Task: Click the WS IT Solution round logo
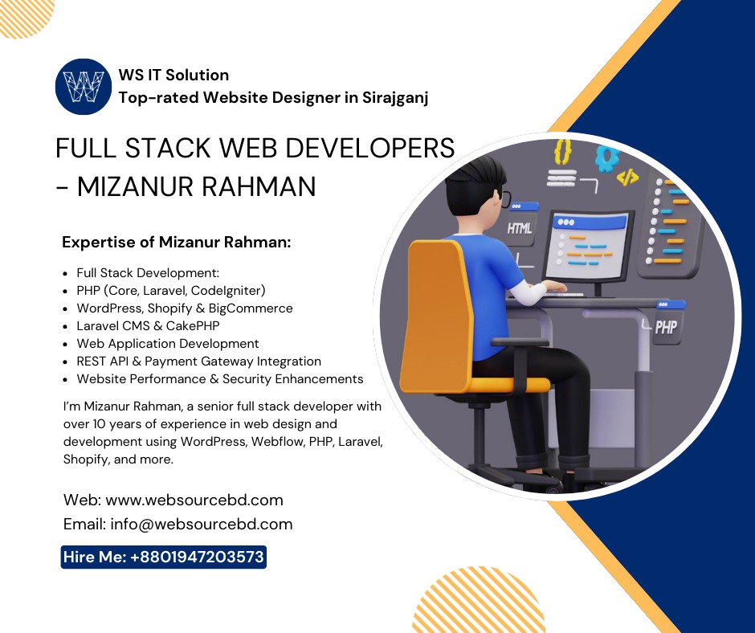point(83,86)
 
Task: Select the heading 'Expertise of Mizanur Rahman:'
point(177,242)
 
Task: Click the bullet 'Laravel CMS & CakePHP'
point(148,326)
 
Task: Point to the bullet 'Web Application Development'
point(168,344)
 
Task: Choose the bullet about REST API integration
point(198,361)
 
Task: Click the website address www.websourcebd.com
point(194,500)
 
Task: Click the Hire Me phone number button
point(164,557)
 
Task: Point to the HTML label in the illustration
point(520,228)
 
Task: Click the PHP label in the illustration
point(666,327)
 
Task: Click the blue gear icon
point(607,157)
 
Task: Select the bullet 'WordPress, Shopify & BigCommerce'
point(185,308)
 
